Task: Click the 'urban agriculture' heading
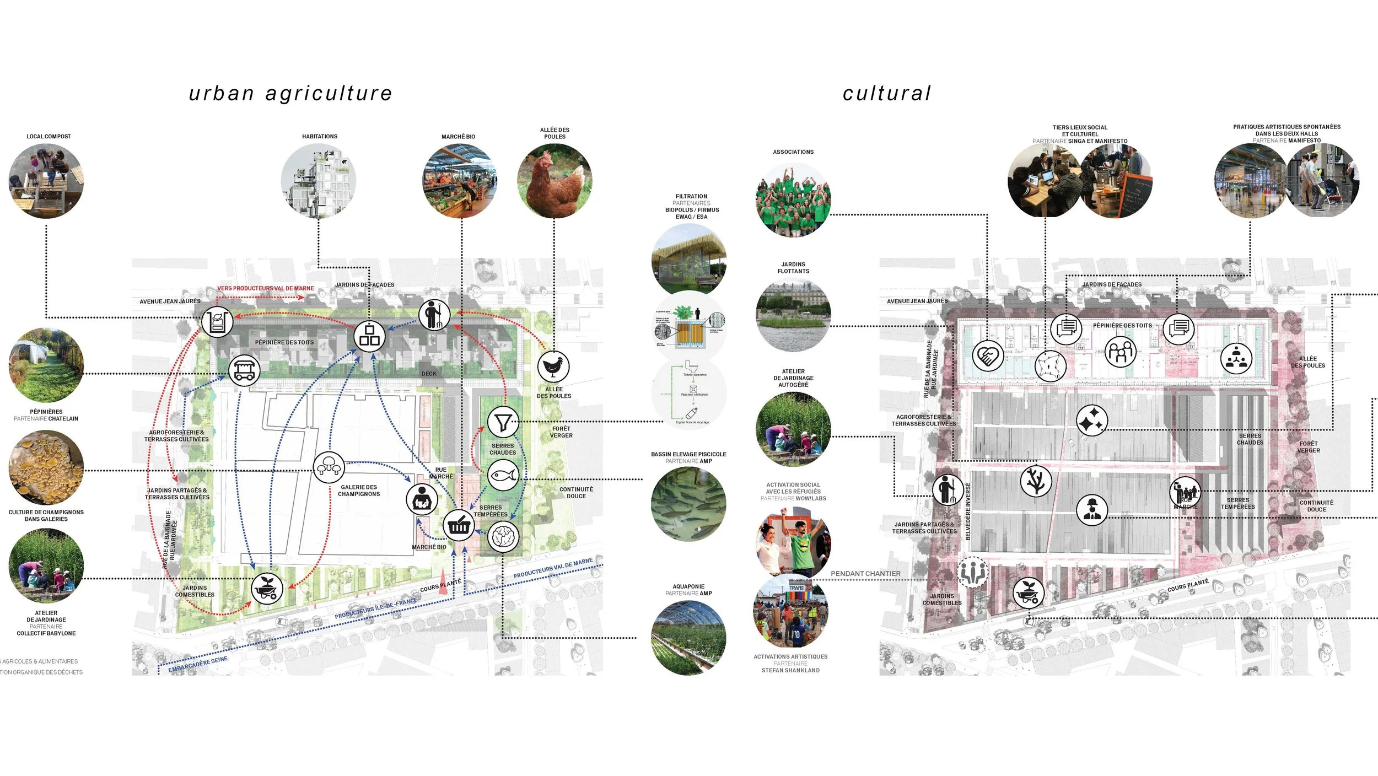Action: [x=290, y=94]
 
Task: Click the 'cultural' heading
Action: [x=887, y=94]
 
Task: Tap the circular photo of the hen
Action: [x=555, y=181]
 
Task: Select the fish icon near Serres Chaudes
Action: [x=503, y=475]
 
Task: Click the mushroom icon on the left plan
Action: [x=329, y=467]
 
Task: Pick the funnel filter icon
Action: [x=503, y=422]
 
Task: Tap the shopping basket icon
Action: [x=459, y=525]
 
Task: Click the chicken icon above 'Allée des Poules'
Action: [x=553, y=367]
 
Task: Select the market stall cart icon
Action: [x=244, y=370]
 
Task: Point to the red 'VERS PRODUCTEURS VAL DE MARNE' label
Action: [x=266, y=288]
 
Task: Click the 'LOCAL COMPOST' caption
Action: [x=49, y=136]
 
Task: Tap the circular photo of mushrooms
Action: [x=46, y=467]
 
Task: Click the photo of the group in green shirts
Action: [x=793, y=200]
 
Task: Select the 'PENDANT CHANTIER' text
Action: [x=865, y=574]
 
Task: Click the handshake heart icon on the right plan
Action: [x=988, y=355]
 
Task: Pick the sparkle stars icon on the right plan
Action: [x=1092, y=421]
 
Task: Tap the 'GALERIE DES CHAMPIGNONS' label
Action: [x=359, y=491]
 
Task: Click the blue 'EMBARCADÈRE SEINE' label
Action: [x=198, y=664]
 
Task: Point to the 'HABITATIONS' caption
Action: [x=320, y=136]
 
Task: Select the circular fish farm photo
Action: [x=688, y=504]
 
